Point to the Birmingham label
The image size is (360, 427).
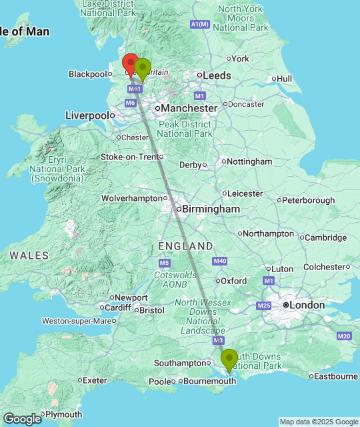coord(208,209)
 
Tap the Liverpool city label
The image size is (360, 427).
coord(87,115)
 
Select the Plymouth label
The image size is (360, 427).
coord(64,414)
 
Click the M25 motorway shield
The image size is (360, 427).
coord(264,306)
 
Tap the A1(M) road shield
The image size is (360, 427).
coord(200,25)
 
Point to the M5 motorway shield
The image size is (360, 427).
coord(166,246)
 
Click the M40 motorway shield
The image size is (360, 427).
coord(221,261)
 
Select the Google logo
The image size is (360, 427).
coord(21,419)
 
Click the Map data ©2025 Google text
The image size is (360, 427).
coord(318,422)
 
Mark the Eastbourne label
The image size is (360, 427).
coord(335,376)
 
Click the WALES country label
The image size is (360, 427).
coord(29,256)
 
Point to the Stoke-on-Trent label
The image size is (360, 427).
coord(129,157)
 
